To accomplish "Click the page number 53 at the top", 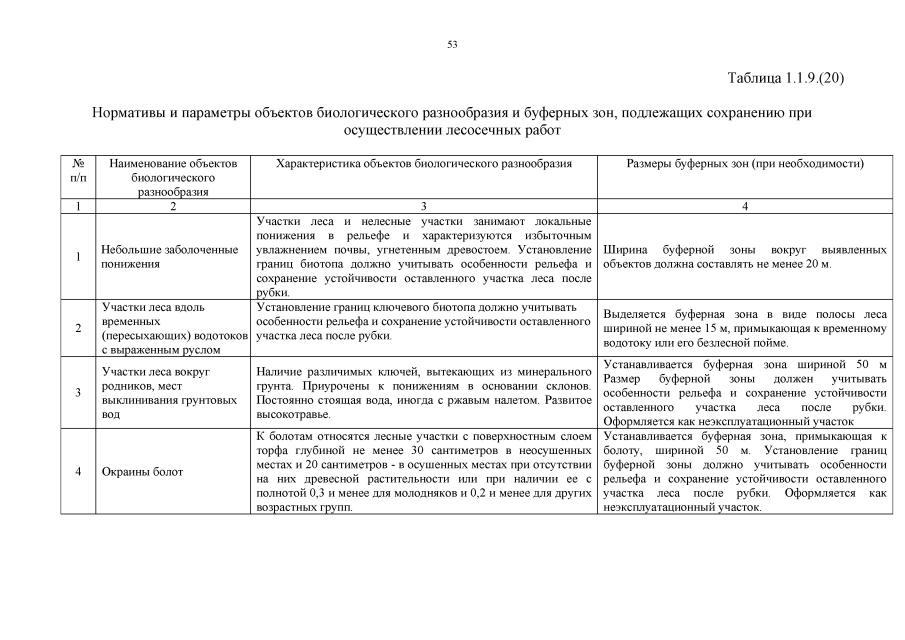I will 452,44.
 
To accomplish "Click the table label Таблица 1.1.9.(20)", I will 786,78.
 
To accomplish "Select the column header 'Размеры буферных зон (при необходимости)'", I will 745,163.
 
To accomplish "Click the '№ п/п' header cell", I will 78,170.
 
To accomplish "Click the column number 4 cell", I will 745,206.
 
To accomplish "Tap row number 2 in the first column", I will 78,328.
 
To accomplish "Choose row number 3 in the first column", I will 78,393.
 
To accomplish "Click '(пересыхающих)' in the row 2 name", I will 145,336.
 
